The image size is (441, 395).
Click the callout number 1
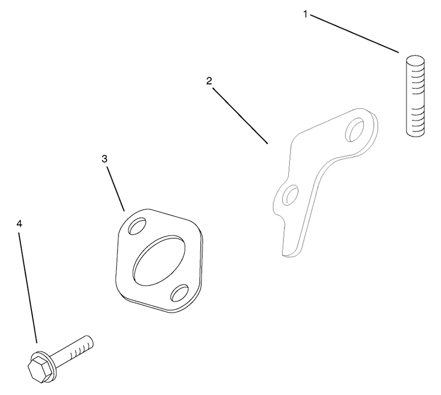coord(305,14)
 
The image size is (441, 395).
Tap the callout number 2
coord(209,81)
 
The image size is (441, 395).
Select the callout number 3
coord(104,159)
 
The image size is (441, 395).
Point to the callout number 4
coord(19,224)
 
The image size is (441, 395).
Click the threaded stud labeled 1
coord(415,96)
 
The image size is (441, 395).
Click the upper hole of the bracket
coord(354,129)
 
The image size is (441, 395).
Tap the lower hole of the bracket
coord(291,195)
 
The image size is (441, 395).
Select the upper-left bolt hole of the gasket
coord(137,226)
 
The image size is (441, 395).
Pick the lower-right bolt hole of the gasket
coord(180,293)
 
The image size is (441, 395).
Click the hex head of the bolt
coord(39,368)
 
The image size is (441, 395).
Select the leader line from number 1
coord(354,34)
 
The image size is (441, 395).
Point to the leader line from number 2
coord(240,116)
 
